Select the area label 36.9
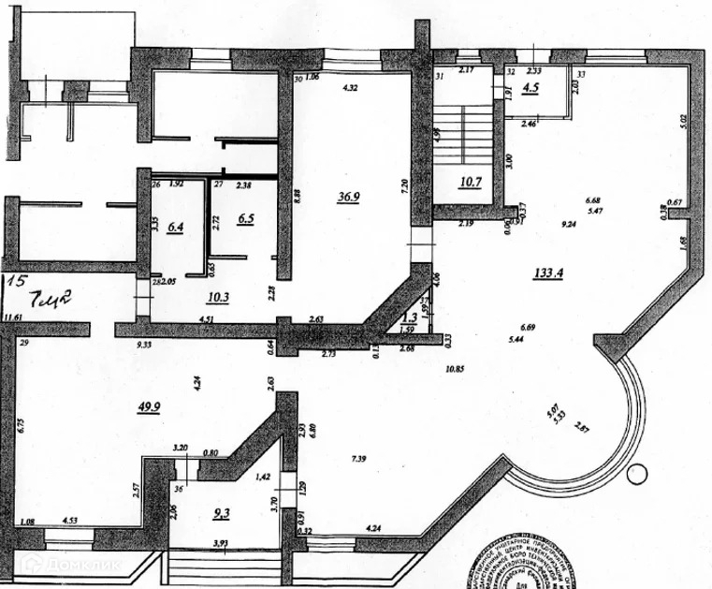tap(349, 197)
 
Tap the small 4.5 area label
tap(530, 90)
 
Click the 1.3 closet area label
tap(407, 318)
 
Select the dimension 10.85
tap(456, 368)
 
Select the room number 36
tap(178, 487)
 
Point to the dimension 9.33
tap(144, 345)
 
